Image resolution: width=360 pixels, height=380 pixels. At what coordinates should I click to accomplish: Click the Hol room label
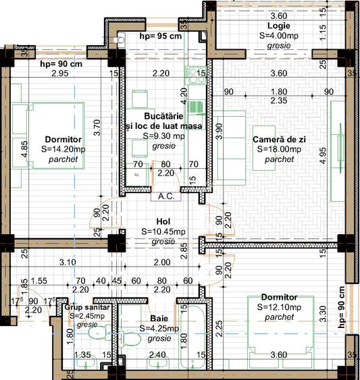(163, 221)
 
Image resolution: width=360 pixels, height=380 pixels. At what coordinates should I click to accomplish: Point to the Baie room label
(159, 319)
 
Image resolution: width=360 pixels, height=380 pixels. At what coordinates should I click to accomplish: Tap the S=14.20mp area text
(63, 149)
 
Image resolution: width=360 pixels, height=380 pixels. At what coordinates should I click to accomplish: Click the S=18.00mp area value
(278, 149)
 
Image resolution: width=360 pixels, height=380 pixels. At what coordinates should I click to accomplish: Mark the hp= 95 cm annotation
(160, 36)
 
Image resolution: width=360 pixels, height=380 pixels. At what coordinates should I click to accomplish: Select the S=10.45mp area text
(163, 231)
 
